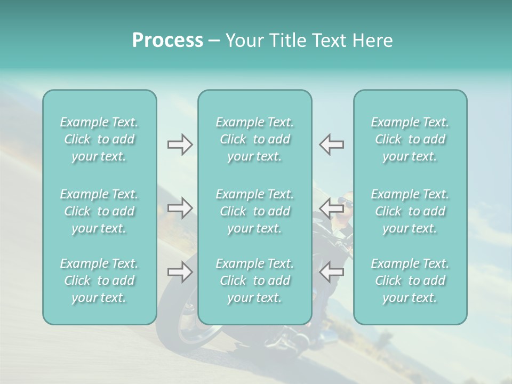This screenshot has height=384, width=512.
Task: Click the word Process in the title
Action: [x=167, y=41]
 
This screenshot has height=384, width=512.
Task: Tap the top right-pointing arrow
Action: [x=180, y=145]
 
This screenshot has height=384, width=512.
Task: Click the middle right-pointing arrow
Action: [x=180, y=208]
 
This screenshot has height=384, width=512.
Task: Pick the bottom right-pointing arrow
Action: [x=180, y=271]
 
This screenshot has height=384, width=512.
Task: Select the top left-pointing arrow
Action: [x=331, y=145]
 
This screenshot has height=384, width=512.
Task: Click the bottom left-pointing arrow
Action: [x=331, y=271]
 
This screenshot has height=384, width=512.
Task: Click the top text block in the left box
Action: [x=99, y=139]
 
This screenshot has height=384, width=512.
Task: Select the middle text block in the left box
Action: [x=99, y=211]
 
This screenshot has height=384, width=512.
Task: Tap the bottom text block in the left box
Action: [x=99, y=281]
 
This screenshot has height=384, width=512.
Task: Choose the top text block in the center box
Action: [x=254, y=139]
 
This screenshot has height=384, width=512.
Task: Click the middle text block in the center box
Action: [x=254, y=211]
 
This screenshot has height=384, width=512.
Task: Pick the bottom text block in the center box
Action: [x=254, y=281]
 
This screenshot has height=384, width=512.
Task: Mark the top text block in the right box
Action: [x=410, y=139]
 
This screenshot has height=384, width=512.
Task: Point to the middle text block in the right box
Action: [x=410, y=211]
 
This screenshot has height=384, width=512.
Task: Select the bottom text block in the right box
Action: [x=410, y=281]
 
